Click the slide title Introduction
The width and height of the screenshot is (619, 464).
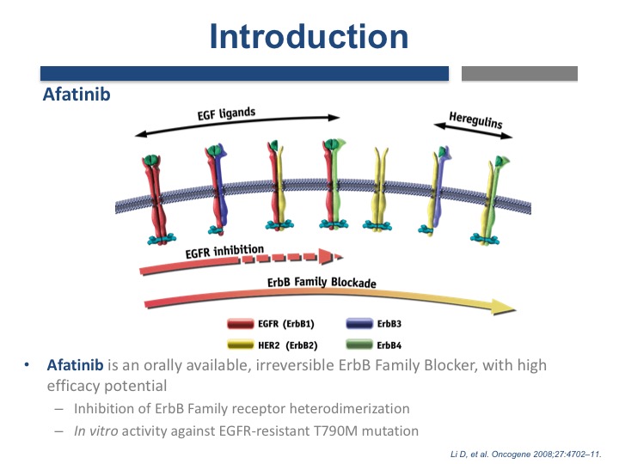[309, 36]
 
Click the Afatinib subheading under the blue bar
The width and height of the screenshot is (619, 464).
[77, 95]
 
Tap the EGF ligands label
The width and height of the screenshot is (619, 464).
[226, 113]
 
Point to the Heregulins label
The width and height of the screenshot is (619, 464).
[475, 120]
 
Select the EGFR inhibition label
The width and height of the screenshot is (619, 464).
[224, 251]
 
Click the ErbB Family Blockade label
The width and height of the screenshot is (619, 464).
[322, 282]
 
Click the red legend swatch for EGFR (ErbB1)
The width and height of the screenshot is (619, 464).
[241, 324]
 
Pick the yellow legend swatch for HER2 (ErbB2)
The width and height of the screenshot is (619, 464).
[241, 345]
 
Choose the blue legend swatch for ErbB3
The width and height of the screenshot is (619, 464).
[359, 324]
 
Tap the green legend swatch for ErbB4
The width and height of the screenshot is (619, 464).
[359, 345]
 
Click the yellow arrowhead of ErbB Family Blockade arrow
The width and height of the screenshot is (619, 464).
[504, 307]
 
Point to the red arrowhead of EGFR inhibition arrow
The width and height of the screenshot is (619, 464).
[326, 256]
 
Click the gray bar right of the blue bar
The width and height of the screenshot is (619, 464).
[519, 73]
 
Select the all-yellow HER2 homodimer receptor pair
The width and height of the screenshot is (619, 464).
[377, 189]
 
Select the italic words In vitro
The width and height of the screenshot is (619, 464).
[96, 430]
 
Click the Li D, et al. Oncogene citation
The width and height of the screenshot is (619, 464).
[526, 455]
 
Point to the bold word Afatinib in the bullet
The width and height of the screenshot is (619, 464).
[75, 365]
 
